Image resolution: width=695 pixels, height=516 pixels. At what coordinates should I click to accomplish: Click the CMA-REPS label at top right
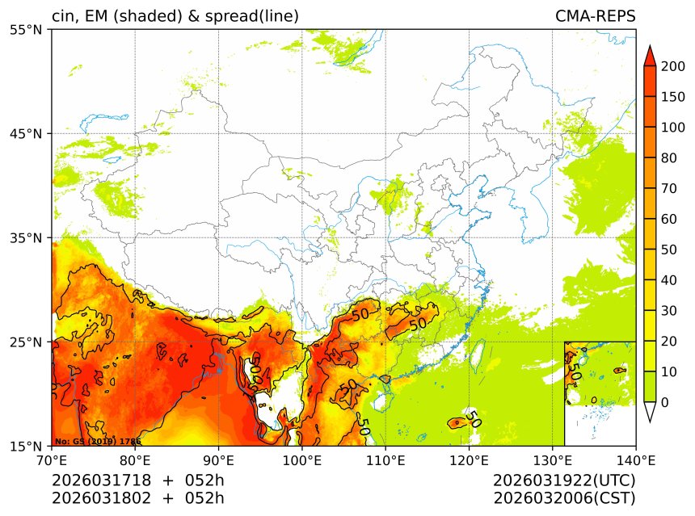tap(595, 16)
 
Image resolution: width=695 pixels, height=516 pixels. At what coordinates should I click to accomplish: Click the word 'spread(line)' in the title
tap(254, 16)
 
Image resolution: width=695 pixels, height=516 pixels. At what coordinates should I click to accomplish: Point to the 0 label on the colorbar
tap(664, 402)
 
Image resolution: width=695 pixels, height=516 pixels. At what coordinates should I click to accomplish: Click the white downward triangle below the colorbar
tap(649, 411)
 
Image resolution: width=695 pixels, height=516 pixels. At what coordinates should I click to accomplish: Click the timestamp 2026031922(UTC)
tap(564, 480)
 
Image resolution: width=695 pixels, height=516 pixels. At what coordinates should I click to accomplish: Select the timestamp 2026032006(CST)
tap(564, 497)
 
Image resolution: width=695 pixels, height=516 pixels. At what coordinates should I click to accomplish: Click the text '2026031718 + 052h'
tap(138, 480)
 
